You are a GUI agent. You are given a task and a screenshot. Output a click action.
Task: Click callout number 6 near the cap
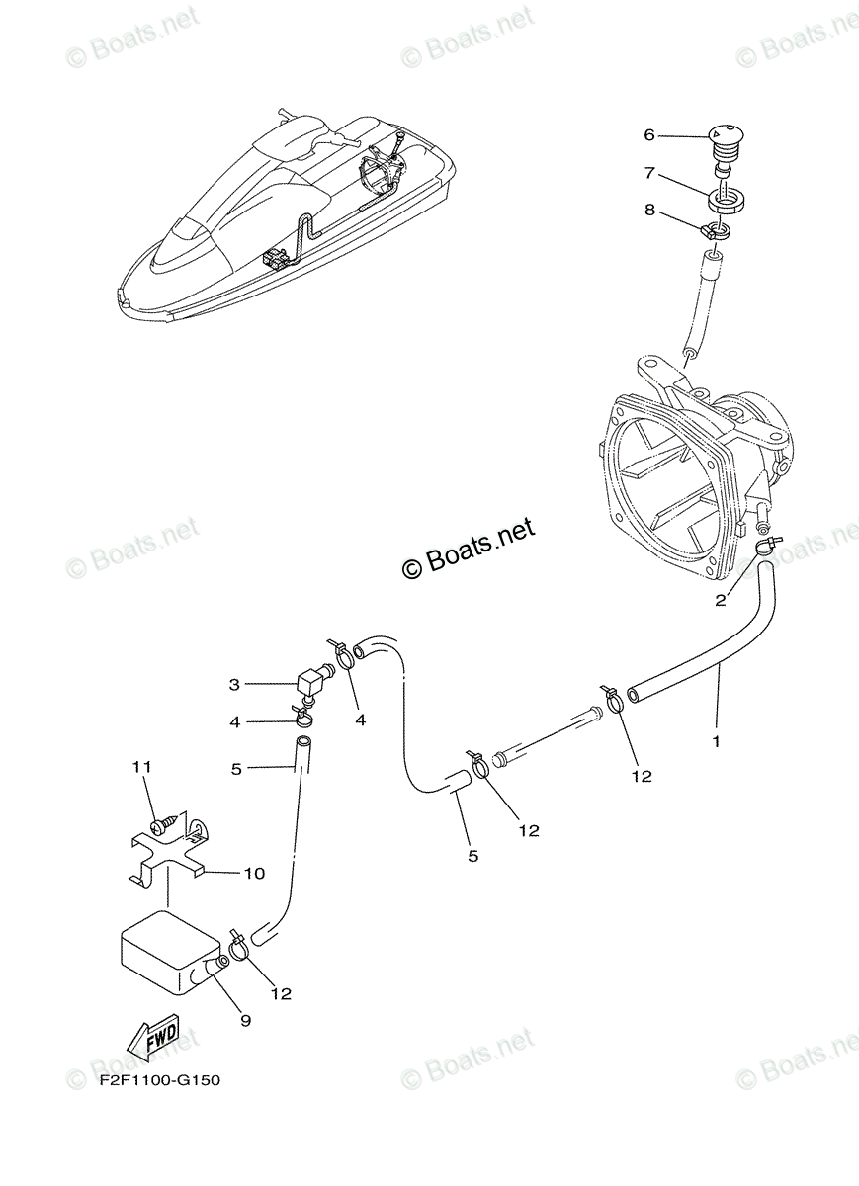coord(649,135)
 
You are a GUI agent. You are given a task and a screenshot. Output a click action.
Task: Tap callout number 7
coord(649,173)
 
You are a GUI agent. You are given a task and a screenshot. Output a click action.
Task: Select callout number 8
coord(649,209)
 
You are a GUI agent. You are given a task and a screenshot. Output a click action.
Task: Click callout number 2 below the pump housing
coord(721,600)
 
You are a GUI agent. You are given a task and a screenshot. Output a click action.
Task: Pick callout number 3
coord(234,684)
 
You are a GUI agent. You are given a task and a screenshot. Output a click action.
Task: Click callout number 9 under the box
coord(245,1021)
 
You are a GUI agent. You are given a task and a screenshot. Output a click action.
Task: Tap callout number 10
coord(255,873)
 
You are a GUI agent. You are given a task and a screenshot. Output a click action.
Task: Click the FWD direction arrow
coord(152,1039)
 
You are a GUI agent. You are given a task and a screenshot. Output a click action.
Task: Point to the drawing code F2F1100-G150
coord(159,1080)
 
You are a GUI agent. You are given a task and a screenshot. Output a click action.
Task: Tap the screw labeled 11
coord(164,822)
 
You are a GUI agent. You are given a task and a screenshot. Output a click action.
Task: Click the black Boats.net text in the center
coord(471,548)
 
